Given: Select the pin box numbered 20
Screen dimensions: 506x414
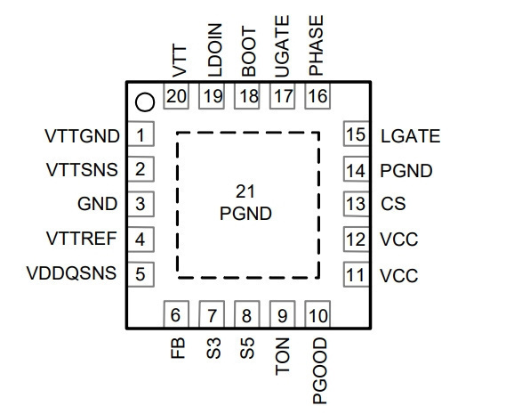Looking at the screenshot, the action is point(176,96).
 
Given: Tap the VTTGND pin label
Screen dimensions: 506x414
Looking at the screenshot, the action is point(82,136).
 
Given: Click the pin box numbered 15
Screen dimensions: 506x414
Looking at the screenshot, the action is point(357,134).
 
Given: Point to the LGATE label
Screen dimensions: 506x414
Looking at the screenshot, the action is point(411,136).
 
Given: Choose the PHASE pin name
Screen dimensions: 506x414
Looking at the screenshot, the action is point(316,45).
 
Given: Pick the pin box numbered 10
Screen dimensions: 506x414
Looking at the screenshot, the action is point(317,314).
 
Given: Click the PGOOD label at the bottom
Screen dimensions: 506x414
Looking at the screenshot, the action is point(320,371).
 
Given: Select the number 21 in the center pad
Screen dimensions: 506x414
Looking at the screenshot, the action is point(245,191).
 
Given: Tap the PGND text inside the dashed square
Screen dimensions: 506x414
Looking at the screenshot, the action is point(245,214).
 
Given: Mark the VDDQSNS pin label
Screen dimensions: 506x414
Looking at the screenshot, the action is point(71,273).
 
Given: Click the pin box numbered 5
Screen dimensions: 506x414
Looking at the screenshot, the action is point(141,274).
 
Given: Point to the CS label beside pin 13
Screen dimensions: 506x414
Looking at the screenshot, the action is point(393,204).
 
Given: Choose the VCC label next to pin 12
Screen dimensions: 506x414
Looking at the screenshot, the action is point(399,239).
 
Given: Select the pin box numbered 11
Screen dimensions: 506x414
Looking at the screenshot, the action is point(357,274).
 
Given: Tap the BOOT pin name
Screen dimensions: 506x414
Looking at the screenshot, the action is point(249,52).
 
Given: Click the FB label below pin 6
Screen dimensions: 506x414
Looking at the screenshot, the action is point(178,348).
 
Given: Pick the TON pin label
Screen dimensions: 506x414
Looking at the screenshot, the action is point(283,356).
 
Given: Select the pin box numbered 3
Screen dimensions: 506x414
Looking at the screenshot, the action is point(141,204).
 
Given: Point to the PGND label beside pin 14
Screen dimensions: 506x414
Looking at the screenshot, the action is point(406,171).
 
